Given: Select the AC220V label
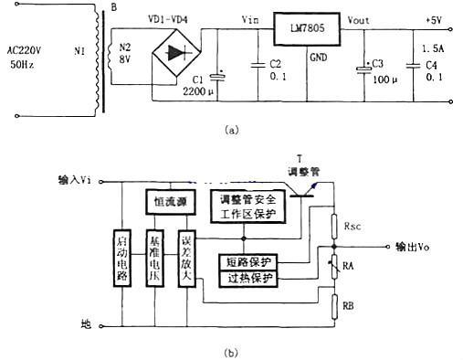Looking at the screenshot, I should (x=36, y=54).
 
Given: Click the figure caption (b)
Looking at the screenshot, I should (x=231, y=348).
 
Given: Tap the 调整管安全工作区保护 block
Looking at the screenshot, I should (x=248, y=206).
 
